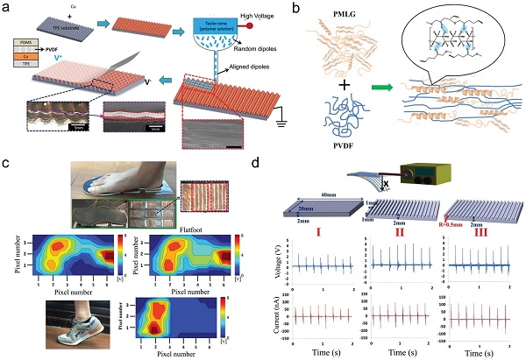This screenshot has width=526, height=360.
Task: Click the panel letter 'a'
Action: coord(7,8)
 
